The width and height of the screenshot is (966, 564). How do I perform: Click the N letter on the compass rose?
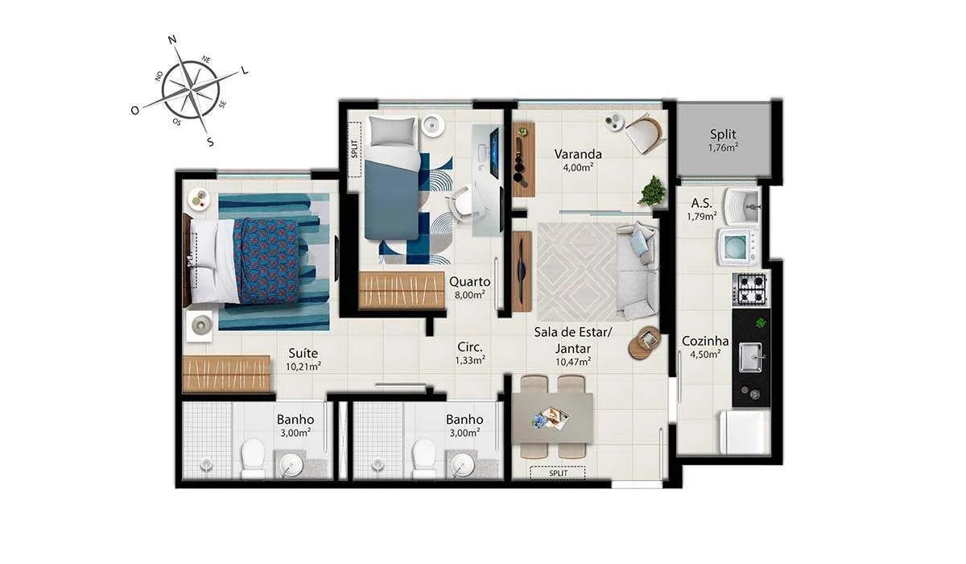172,40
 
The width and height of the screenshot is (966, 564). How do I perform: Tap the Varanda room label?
578,154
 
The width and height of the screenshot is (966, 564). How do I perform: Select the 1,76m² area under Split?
723,148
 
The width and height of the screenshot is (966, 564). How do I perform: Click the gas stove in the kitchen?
751,289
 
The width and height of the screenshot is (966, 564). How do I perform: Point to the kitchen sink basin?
750,357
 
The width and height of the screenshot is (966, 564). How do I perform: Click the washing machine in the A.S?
738,247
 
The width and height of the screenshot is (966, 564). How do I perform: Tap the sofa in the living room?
637,271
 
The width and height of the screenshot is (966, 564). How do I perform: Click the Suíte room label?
303,353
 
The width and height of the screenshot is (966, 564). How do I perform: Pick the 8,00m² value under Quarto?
469,295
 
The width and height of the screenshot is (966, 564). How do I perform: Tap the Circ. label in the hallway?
470,347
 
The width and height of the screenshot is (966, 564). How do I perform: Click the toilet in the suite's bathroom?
253,458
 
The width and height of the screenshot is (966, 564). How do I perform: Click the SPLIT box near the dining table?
558,473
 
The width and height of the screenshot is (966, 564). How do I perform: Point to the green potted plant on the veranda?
651,191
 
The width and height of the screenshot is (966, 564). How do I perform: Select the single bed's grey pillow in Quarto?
391,131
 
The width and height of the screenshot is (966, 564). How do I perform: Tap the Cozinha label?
705,341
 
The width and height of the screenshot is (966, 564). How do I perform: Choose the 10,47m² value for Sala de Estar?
573,362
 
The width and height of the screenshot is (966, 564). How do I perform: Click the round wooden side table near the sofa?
644,342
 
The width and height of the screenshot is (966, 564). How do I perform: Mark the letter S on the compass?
210,142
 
